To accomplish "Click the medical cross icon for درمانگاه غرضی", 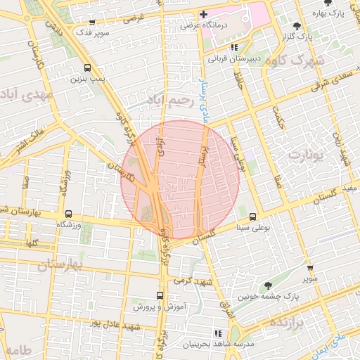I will click(x=203, y=14).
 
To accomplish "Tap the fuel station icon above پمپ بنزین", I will click(x=87, y=68).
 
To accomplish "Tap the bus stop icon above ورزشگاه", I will click(x=68, y=213).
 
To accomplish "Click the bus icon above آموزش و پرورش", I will click(x=160, y=296).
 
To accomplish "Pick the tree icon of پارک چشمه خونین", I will click(x=268, y=285).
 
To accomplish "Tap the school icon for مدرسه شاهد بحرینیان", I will click(x=217, y=333).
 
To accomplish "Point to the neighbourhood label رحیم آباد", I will click(x=169, y=101).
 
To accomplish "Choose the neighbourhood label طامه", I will click(x=18, y=350).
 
